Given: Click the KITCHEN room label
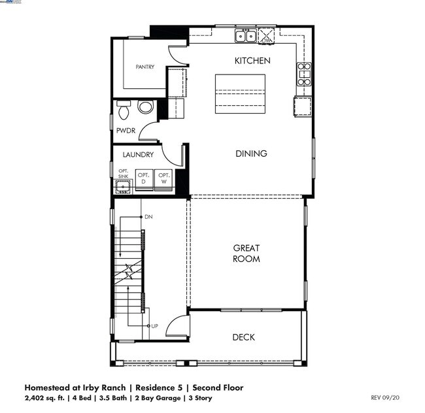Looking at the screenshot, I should pos(252,61).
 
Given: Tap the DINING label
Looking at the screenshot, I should pos(252,154).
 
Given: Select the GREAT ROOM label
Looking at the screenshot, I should pos(246,254).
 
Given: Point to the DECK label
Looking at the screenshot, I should pos(243,337).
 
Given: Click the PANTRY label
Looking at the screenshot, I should pos(144,67).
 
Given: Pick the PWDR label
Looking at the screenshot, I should pos(126,131).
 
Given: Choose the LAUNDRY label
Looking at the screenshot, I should pos(138,155).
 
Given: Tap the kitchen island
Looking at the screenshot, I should pos(241,93).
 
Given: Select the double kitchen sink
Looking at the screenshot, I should pos(246,36).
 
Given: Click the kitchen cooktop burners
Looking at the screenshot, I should pos(303,74).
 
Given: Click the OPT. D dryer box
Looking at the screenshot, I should pos(144,181).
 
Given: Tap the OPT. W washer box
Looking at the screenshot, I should pos(163,181).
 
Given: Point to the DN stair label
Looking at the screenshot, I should pos(148,216).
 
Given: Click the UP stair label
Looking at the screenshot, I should pos(154,325).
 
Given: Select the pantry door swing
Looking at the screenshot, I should pos(177,54).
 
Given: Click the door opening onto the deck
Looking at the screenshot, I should pos(178,325).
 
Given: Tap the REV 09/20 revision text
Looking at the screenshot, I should pos(384,397).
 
